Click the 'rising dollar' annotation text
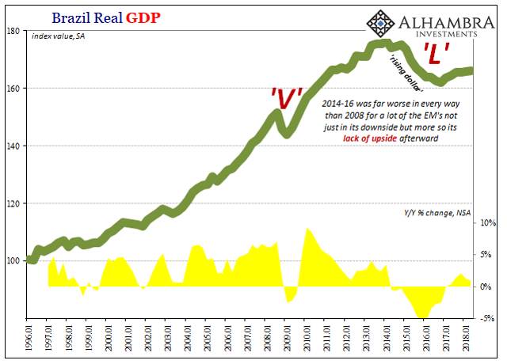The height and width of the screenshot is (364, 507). pos(406,70)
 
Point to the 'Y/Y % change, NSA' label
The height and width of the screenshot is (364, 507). pos(437,213)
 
